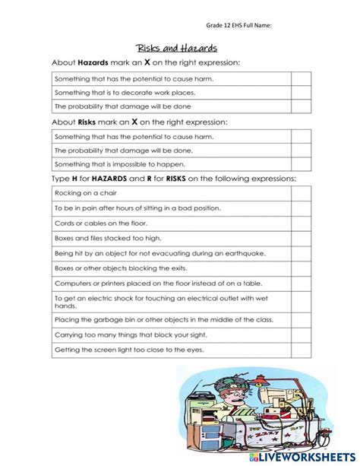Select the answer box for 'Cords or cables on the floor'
click(301, 223)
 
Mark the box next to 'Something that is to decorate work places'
click(301, 92)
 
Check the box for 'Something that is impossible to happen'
click(301, 164)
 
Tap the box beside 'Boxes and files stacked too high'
click(301, 238)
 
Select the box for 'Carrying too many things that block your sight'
click(301, 334)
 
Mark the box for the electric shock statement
click(301, 301)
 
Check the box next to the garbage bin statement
click(301, 320)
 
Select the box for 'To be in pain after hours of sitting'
click(301, 208)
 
